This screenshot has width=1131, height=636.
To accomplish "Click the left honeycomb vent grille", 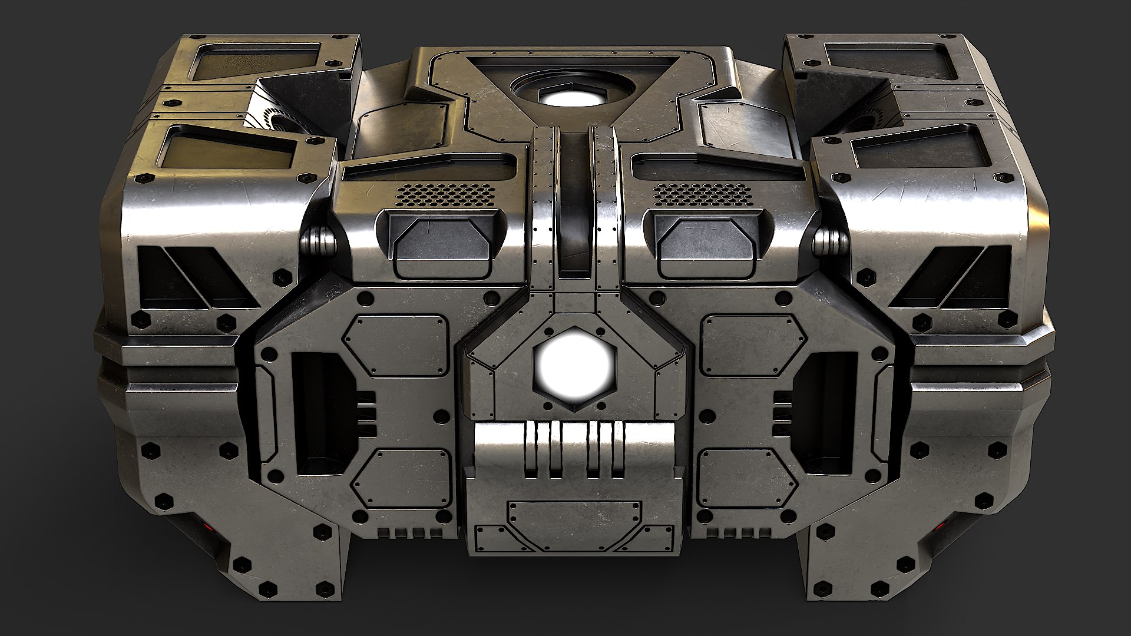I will point(449,193).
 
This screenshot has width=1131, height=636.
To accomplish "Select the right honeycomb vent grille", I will point(702,193).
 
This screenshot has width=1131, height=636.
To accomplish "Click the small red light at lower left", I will point(206,526).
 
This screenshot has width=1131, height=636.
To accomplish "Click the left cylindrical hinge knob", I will point(319,242).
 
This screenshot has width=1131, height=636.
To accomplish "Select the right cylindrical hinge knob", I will point(831,242).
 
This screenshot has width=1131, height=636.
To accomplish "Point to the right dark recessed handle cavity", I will point(822,412).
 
